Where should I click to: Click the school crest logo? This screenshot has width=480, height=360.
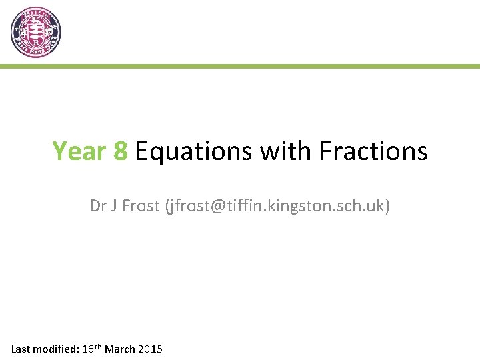(36, 33)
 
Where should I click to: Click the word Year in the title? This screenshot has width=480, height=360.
(79, 151)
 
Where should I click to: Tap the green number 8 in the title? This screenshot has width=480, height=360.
(121, 151)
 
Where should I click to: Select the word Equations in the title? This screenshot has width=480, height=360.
(194, 152)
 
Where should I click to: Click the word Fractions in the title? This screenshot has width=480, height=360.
(373, 151)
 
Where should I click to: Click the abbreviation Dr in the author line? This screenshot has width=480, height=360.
(97, 206)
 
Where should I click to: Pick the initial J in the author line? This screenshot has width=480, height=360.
(114, 206)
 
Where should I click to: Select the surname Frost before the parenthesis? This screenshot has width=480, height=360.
(140, 206)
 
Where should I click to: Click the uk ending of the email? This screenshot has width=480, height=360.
(375, 206)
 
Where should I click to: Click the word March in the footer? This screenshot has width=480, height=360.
(121, 349)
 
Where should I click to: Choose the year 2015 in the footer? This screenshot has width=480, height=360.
(151, 349)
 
